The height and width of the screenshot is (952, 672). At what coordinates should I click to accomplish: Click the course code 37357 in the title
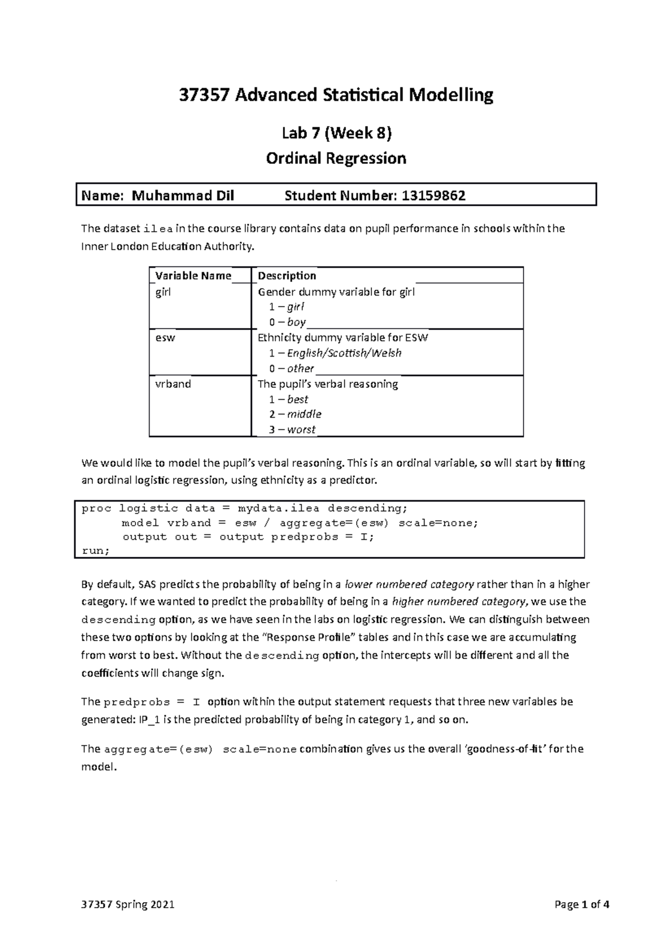(x=204, y=95)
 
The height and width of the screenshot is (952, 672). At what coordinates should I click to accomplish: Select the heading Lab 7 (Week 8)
(x=336, y=133)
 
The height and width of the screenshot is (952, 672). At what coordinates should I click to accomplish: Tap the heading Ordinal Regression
(x=336, y=159)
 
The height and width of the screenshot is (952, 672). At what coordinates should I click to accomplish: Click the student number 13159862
(x=432, y=196)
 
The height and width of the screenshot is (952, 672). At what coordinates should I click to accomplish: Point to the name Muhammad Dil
(x=183, y=196)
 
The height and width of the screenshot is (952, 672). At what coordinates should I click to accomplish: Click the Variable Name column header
(x=193, y=275)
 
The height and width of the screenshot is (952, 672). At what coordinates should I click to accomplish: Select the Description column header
(x=287, y=275)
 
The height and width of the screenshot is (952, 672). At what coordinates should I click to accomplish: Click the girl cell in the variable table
(x=163, y=292)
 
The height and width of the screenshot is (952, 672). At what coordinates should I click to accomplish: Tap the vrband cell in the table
(x=172, y=384)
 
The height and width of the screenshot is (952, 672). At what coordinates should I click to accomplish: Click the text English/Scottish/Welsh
(x=344, y=353)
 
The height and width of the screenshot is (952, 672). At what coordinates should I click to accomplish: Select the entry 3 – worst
(x=292, y=429)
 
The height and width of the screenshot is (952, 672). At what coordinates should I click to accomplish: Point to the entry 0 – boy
(x=287, y=322)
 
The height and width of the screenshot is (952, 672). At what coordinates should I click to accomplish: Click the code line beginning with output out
(x=248, y=537)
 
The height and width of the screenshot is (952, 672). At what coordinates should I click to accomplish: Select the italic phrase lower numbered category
(x=409, y=584)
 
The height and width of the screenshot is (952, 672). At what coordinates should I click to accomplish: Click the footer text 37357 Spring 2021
(x=128, y=905)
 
